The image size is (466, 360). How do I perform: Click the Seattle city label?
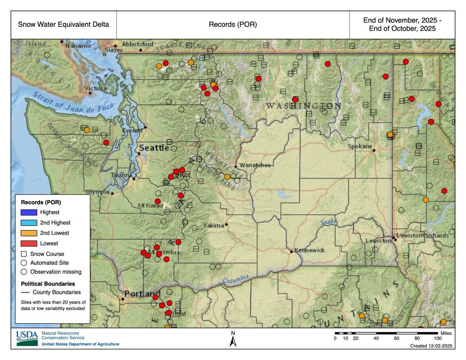point(154,148)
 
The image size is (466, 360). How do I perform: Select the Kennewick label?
point(309,250)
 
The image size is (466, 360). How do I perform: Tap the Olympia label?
point(97,192)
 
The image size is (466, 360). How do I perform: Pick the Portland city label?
point(142,294)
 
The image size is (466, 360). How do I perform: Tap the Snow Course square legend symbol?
point(24,254)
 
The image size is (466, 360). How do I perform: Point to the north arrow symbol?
point(233,340)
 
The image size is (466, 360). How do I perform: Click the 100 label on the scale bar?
point(437,338)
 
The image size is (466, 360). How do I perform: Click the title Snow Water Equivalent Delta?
point(63,25)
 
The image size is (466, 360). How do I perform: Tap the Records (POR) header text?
point(233,25)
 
